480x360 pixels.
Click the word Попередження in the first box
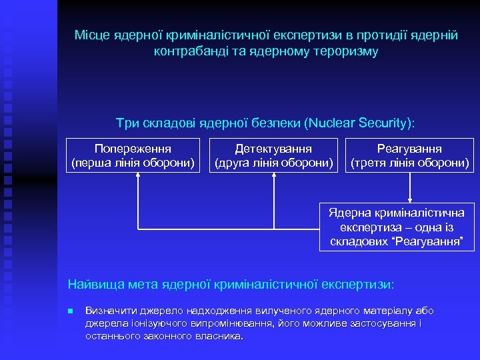coord(133,149)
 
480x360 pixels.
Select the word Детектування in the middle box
coord(273,149)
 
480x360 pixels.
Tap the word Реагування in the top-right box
coord(410,149)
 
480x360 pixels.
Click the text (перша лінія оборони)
coord(133,162)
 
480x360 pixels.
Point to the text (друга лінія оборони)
coord(273,162)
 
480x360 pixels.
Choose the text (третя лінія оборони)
coord(410,162)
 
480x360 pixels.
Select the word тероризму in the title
coord(348,51)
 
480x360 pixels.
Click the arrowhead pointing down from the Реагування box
coord(411,198)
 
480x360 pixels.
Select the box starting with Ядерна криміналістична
coord(397,227)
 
